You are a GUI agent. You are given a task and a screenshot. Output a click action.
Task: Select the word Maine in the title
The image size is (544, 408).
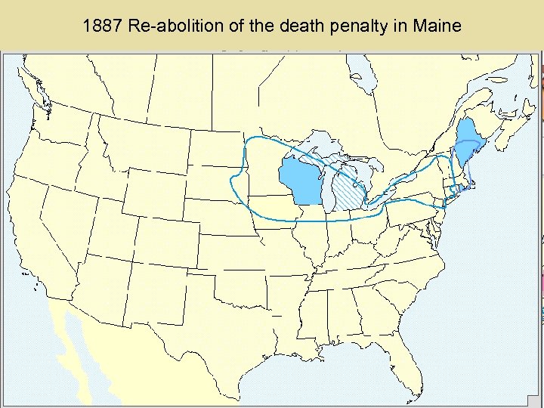tap(437, 26)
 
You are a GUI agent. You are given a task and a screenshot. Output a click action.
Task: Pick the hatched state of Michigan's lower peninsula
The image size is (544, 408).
tap(349, 192)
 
